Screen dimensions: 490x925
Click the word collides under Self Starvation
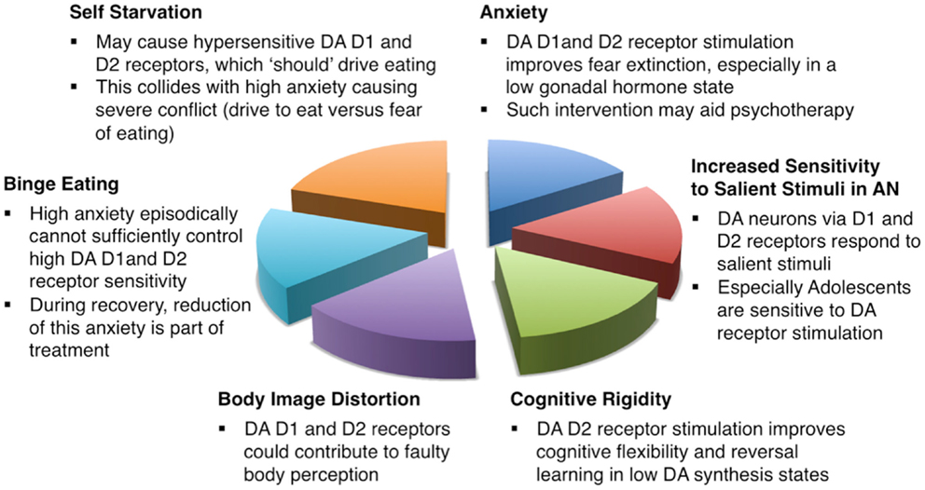[x=159, y=88]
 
